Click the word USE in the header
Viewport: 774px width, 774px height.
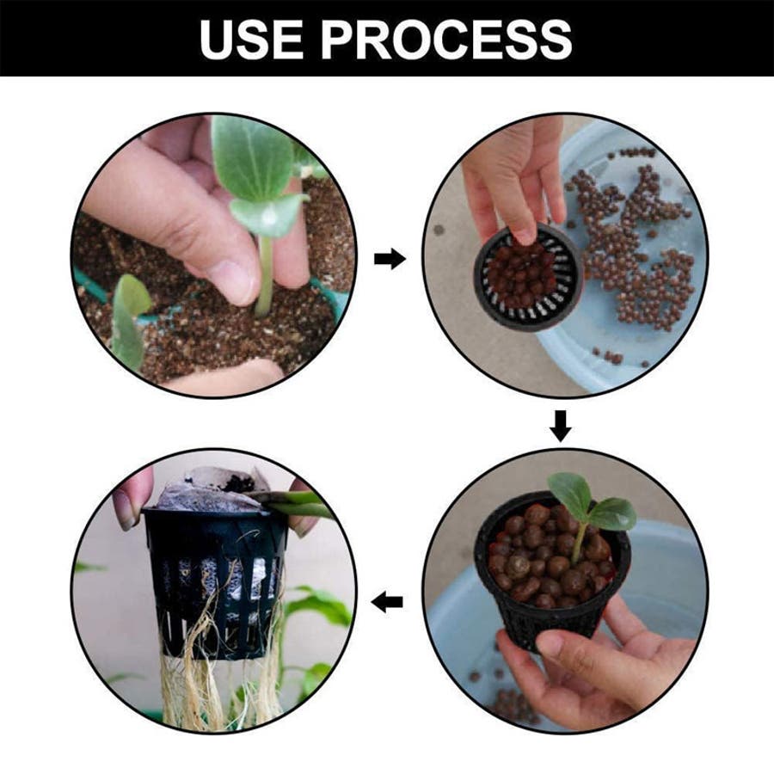coord(251,39)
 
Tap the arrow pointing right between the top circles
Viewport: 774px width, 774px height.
coord(390,259)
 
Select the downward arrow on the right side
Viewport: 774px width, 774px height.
coord(561,427)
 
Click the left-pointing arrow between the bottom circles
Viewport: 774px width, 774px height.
coord(387,602)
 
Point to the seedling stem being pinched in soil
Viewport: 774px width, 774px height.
coord(265,275)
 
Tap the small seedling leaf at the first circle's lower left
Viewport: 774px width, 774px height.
coord(129,321)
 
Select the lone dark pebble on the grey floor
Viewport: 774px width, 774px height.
coord(439,230)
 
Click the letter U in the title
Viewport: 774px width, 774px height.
coord(218,39)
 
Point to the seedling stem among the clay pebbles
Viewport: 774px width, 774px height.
coord(579,543)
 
